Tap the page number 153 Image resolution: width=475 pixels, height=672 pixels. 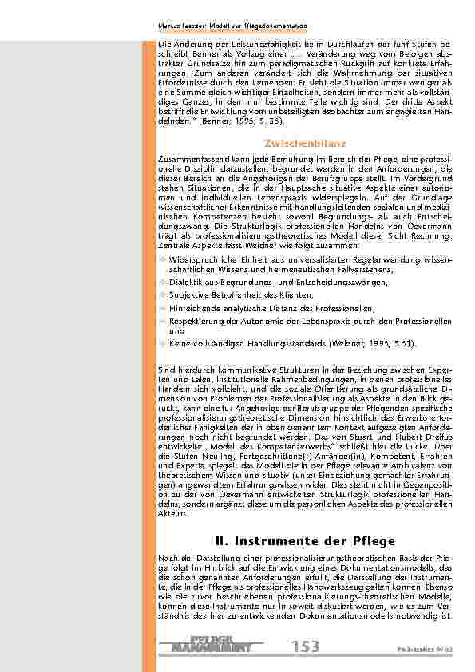tap(307, 646)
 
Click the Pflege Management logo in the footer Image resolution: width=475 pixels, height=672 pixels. tap(215, 644)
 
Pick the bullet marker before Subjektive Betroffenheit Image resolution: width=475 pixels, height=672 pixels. tap(163, 295)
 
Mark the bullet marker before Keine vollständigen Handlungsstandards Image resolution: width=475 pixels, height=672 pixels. tap(163, 342)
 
